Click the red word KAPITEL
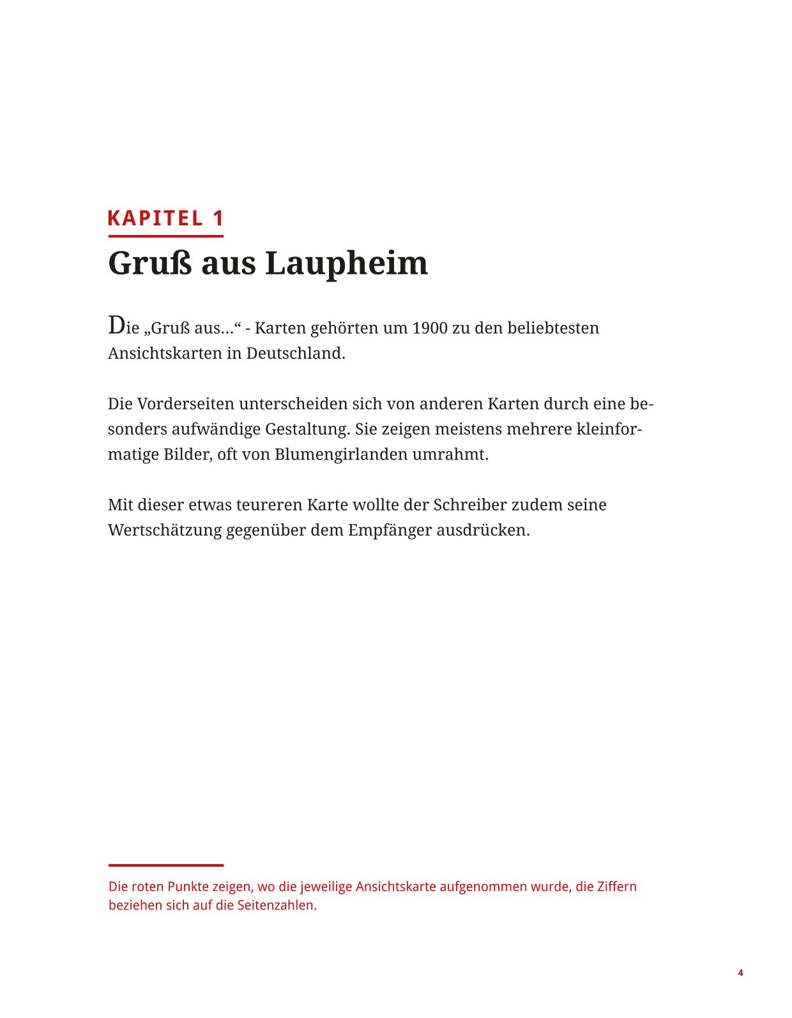tap(155, 218)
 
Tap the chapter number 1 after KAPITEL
tap(218, 218)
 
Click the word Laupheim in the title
tap(346, 263)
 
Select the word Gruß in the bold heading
tap(149, 263)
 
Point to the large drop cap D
tap(116, 325)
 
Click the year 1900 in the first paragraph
tap(430, 328)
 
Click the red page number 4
tap(740, 973)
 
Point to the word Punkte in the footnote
tap(188, 887)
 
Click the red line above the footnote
tap(165, 865)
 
